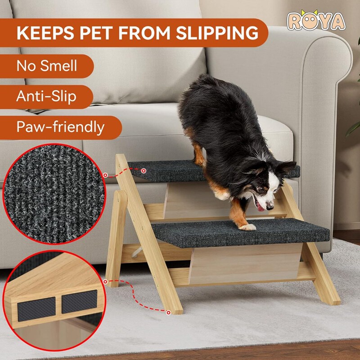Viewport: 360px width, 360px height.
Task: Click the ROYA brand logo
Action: (x=316, y=20)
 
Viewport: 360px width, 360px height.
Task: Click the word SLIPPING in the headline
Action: (x=217, y=33)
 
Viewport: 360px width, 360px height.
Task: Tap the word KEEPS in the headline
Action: (x=45, y=33)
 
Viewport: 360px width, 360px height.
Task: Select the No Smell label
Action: (x=47, y=66)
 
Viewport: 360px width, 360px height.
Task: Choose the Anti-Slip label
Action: (x=46, y=96)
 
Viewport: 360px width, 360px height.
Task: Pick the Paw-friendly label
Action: (x=60, y=127)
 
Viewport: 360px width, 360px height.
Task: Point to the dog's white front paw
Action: (x=247, y=227)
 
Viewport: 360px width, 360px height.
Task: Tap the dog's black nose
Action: (x=270, y=207)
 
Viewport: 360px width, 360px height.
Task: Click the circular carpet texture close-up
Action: (x=54, y=194)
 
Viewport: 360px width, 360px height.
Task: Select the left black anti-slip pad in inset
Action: (x=36, y=309)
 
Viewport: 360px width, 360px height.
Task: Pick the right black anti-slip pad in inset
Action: (x=80, y=301)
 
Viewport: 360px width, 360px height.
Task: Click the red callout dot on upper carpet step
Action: (x=144, y=171)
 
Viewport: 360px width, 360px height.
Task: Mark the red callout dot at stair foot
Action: (x=168, y=312)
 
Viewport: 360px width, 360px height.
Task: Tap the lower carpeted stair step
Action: (x=241, y=233)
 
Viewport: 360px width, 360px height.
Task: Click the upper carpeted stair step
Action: (x=213, y=171)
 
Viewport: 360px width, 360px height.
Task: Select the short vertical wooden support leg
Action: (x=117, y=238)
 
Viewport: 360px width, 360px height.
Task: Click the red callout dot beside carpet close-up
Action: (x=105, y=175)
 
